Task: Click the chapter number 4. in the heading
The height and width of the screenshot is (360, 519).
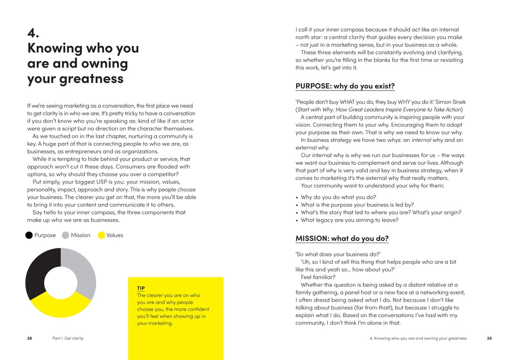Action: [x=33, y=33]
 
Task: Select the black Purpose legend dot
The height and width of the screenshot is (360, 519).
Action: [x=29, y=235]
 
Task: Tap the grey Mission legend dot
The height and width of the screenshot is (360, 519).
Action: [x=66, y=235]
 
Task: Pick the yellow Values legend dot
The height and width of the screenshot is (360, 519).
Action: [x=101, y=235]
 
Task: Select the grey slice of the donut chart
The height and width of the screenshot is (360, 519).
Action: [x=81, y=269]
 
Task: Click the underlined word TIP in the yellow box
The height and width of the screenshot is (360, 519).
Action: [x=141, y=288]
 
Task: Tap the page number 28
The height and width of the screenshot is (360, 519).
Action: [x=30, y=338]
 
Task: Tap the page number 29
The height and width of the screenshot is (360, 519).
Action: [x=489, y=338]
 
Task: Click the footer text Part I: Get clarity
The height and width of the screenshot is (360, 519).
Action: [x=68, y=338]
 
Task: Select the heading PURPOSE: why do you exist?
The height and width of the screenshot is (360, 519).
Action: [x=345, y=86]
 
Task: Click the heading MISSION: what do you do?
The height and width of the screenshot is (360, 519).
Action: [x=342, y=238]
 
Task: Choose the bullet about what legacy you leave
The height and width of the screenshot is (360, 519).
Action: [x=350, y=220]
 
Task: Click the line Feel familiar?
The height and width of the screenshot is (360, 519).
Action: [x=318, y=277]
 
